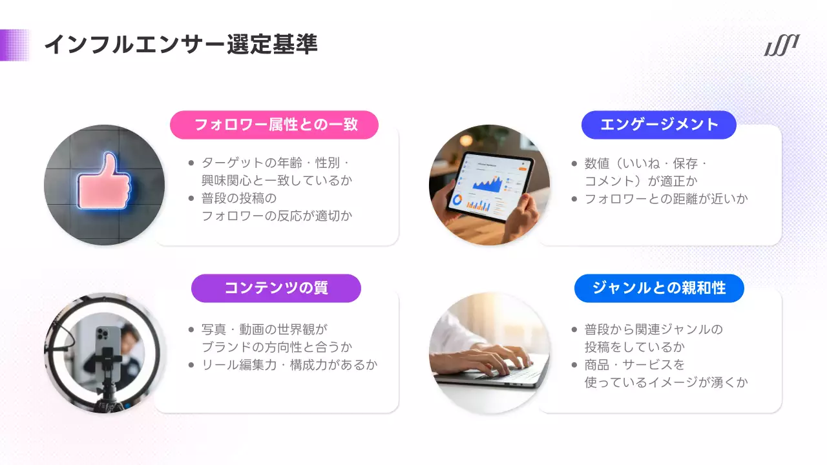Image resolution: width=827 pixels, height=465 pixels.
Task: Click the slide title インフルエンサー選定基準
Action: pyautogui.click(x=180, y=45)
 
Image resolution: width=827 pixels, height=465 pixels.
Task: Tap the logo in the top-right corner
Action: pyautogui.click(x=782, y=45)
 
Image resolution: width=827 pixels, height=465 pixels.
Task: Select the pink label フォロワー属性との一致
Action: pyautogui.click(x=274, y=125)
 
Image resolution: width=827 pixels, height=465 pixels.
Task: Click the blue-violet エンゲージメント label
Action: pyautogui.click(x=659, y=125)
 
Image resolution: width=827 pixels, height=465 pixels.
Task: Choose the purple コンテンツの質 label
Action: pyautogui.click(x=276, y=288)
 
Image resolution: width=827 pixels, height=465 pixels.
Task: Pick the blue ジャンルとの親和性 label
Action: pyautogui.click(x=659, y=288)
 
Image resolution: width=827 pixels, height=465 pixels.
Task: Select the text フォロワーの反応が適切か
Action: pyautogui.click(x=277, y=216)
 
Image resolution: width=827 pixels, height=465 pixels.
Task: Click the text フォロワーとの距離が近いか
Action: pyautogui.click(x=665, y=199)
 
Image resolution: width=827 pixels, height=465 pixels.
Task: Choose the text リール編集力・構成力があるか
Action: pyautogui.click(x=289, y=365)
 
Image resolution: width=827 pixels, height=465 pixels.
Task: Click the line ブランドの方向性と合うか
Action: pyautogui.click(x=277, y=347)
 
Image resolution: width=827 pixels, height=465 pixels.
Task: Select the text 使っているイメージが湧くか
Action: pyautogui.click(x=665, y=382)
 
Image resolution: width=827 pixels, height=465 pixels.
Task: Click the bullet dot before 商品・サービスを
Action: pyautogui.click(x=574, y=365)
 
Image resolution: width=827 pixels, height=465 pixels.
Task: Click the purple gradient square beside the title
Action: pyautogui.click(x=15, y=45)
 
